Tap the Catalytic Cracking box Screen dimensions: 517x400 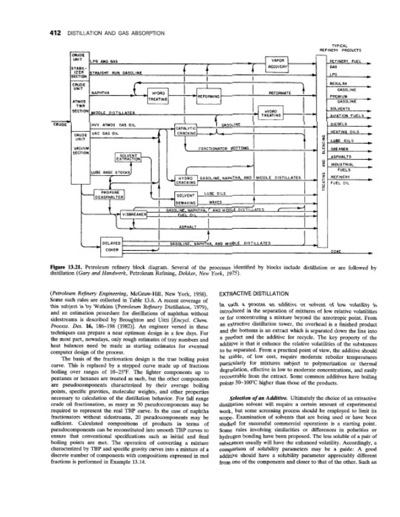(x=186, y=131)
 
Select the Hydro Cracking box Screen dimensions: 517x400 (x=186, y=180)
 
